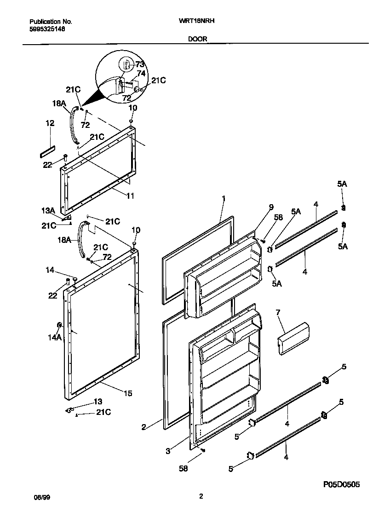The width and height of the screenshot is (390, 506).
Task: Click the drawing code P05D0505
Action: tap(341, 484)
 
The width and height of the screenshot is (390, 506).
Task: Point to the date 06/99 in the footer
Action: tap(40, 497)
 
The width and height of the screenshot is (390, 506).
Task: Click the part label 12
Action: tap(50, 123)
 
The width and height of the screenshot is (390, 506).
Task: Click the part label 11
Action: tap(130, 195)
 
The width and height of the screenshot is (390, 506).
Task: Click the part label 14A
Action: tap(55, 337)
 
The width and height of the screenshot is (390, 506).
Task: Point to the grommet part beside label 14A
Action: tap(59, 326)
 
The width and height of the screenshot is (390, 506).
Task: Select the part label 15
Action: tap(128, 393)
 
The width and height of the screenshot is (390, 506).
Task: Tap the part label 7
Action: tap(278, 313)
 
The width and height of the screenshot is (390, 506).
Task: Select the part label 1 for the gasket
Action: tap(224, 199)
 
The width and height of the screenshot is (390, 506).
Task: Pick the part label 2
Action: tap(143, 427)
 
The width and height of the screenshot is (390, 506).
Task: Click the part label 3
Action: tap(168, 451)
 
